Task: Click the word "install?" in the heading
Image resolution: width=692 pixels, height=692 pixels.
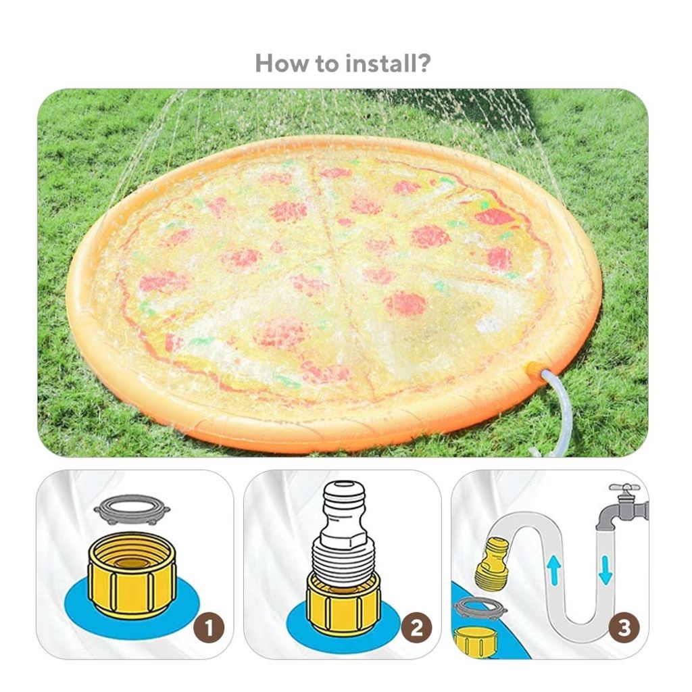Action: coord(388,64)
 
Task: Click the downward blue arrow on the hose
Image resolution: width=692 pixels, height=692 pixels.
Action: coord(605,569)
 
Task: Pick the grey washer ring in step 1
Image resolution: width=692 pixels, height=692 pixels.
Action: coord(132,509)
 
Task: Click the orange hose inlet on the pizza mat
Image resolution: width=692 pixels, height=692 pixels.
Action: coord(533,369)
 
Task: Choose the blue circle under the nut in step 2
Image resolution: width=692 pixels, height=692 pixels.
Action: coord(297,625)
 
